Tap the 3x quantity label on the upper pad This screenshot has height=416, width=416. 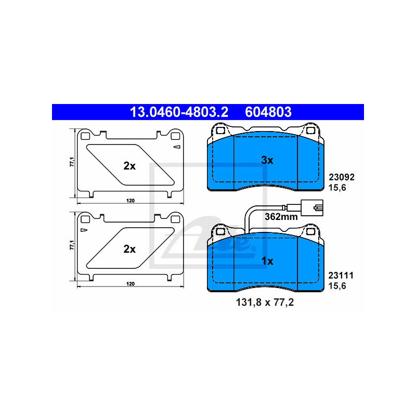tap(267, 161)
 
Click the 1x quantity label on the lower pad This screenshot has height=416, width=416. tap(267, 261)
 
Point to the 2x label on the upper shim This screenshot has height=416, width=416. tap(129, 166)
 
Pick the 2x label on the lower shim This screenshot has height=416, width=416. tap(129, 249)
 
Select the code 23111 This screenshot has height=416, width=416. tap(341, 276)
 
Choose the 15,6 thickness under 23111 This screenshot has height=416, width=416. tap(337, 285)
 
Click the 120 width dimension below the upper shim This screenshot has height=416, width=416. tap(131, 201)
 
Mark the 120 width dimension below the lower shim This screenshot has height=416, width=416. tap(131, 284)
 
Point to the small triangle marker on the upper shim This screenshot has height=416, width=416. tap(177, 148)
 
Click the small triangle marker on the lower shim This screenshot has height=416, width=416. tap(83, 230)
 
